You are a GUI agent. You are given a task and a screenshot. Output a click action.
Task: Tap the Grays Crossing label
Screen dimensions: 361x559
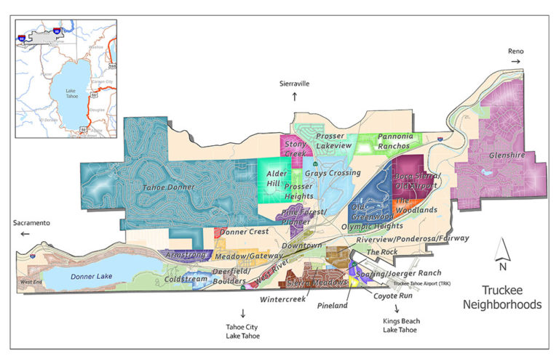332,173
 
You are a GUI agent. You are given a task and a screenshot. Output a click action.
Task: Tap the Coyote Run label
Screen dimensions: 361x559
393,296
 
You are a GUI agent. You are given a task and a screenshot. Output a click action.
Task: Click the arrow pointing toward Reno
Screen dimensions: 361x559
515,62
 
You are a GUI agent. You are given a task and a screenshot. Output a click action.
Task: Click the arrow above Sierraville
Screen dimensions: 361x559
295,95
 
